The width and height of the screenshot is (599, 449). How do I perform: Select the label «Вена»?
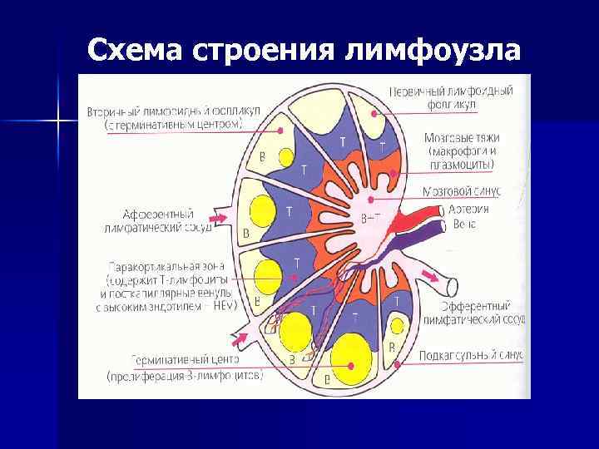pyautogui.click(x=464, y=224)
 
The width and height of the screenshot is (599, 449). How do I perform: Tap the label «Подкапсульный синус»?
pyautogui.click(x=471, y=354)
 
